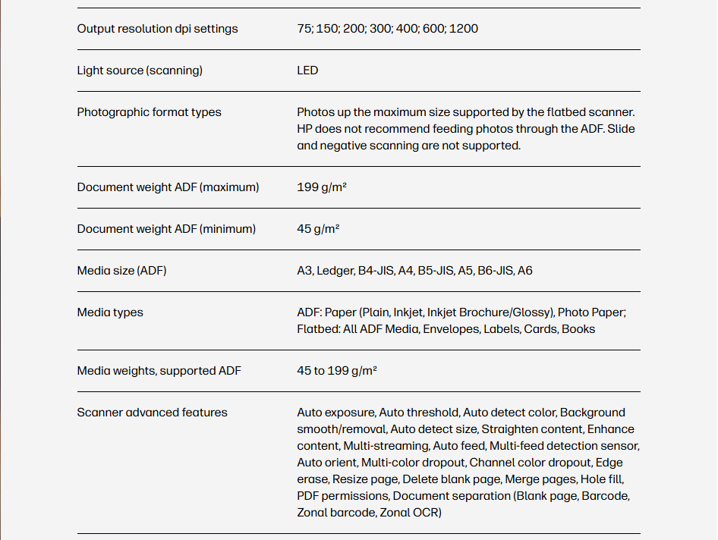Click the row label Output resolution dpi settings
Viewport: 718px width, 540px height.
click(157, 29)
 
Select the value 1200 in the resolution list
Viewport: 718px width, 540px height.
click(464, 29)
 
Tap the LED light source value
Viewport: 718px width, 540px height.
click(307, 71)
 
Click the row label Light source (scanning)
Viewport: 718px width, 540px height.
click(140, 71)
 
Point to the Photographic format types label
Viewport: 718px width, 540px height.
click(149, 112)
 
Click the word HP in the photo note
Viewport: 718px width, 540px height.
click(305, 129)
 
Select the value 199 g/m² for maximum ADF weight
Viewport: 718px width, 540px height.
click(322, 187)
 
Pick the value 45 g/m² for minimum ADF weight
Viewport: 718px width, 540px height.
click(318, 229)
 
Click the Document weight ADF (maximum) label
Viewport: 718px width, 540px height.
click(168, 187)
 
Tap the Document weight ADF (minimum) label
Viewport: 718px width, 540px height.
click(166, 229)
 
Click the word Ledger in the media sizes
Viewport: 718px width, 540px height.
click(335, 271)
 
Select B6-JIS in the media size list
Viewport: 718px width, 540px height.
click(495, 271)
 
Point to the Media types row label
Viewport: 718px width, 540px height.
click(110, 312)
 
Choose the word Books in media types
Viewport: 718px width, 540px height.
click(578, 329)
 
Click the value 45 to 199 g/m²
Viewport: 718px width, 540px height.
click(337, 371)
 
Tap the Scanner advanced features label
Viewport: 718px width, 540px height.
click(152, 413)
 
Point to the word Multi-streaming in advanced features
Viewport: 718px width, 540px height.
click(386, 446)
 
